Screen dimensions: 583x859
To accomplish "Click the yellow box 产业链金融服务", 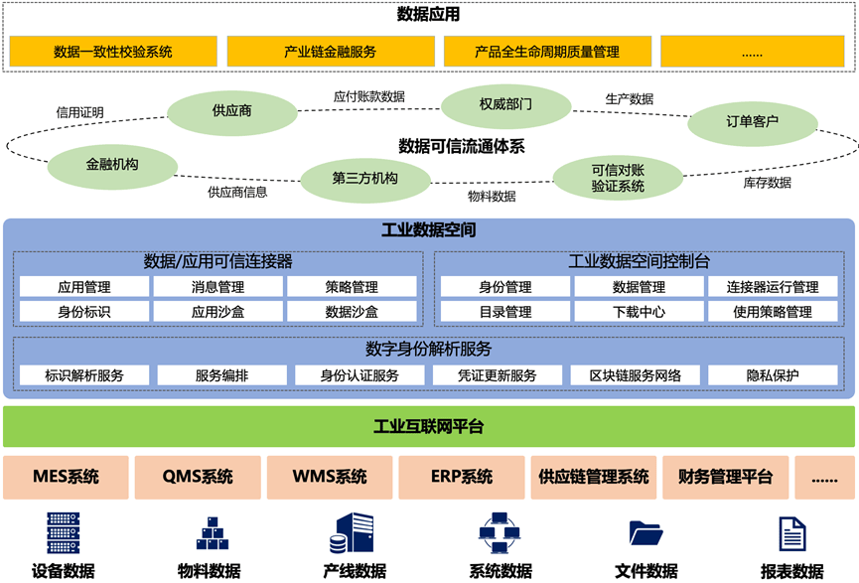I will coord(330,52).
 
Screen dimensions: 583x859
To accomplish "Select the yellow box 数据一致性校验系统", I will coord(113,52).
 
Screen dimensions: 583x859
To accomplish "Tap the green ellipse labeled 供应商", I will coord(231,112).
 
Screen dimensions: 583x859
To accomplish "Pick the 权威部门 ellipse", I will coord(505,104).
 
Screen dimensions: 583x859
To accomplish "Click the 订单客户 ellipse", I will coord(752,122).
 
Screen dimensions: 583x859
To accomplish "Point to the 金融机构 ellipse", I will coord(112,167).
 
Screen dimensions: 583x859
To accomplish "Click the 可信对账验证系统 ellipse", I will coord(618,178).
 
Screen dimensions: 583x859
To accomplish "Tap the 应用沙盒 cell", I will coord(217,312).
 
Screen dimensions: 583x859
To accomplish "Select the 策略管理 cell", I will coord(352,287).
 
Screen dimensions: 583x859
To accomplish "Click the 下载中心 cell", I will coord(639,312).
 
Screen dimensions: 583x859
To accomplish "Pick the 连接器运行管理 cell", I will coord(772,287).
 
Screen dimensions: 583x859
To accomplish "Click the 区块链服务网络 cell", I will coord(636,375).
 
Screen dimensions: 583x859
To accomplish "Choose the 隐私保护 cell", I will coord(773,375).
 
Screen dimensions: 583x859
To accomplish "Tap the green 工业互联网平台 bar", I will coord(428,427).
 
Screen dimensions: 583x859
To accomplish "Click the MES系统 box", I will coord(66,477).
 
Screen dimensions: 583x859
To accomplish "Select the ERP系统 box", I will coord(462,477).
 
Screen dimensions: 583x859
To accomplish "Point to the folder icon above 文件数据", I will coord(645,532).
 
